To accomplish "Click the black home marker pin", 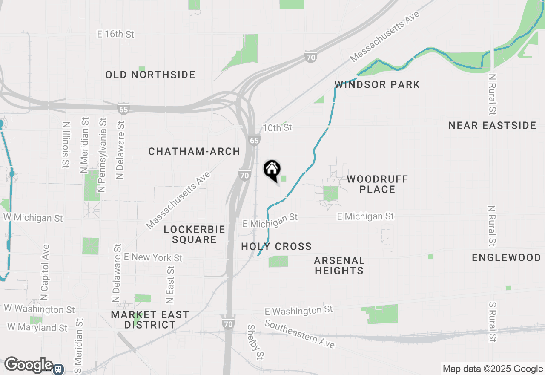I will (x=272, y=170).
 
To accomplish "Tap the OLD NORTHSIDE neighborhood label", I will (x=150, y=75).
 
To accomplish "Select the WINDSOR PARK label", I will (x=377, y=84).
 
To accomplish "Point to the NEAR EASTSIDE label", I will (x=492, y=125).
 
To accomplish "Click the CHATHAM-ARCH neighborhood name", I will (x=194, y=151).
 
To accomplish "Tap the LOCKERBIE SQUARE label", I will (x=194, y=234).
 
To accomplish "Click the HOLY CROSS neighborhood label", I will (x=276, y=246).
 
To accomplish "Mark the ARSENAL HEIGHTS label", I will (x=339, y=265).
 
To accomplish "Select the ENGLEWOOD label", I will (x=506, y=257).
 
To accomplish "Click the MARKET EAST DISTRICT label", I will (x=150, y=320).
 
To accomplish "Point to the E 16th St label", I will (x=116, y=34).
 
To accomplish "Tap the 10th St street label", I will (x=278, y=127).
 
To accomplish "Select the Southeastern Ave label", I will (x=300, y=333).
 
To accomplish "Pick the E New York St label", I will (x=153, y=257).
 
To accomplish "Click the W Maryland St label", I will (x=37, y=328).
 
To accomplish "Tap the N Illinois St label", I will (x=66, y=145).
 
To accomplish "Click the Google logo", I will (x=28, y=365).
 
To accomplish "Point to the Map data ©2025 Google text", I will (x=492, y=369).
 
